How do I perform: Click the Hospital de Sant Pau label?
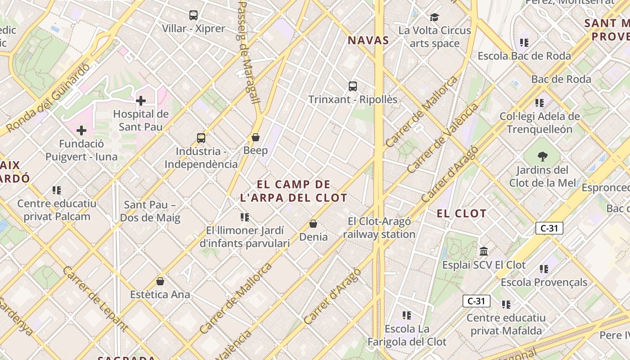tap(141, 120)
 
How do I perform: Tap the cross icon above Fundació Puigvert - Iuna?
tap(81, 130)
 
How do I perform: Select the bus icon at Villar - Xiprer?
tap(193, 15)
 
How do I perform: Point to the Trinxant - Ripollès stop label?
tap(353, 99)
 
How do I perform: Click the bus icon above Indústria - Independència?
tap(201, 138)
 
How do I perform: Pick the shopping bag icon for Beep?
tap(256, 137)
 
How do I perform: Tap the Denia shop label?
tap(313, 236)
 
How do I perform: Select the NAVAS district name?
tap(368, 40)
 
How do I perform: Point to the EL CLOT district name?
tap(462, 213)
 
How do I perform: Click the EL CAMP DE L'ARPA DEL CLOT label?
tap(294, 191)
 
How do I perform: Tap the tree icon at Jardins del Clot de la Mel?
tap(542, 157)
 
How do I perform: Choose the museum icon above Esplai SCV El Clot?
tap(484, 251)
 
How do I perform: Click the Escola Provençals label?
tap(544, 282)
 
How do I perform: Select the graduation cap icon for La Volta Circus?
tap(434, 17)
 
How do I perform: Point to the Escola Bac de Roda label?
tap(524, 56)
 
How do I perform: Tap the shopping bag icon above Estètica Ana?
tap(160, 281)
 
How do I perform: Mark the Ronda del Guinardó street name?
tap(49, 98)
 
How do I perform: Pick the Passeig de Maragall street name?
tap(248, 52)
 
